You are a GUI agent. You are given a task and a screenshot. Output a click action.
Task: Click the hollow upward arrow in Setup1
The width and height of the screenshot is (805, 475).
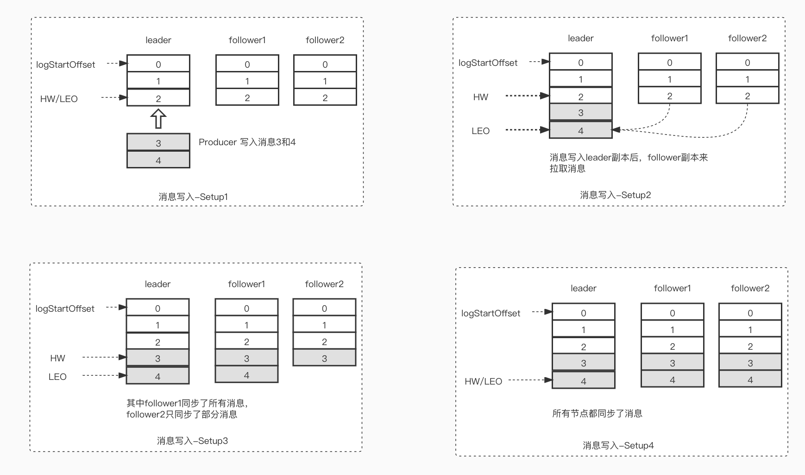click(x=158, y=119)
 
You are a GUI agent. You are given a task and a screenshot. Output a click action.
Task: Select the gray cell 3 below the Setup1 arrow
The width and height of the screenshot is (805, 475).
click(x=158, y=142)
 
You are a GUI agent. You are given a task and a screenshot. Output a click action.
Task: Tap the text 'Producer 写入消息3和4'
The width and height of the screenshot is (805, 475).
click(x=247, y=142)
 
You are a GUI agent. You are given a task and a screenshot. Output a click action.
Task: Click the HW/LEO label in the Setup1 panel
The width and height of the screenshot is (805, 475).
click(x=59, y=99)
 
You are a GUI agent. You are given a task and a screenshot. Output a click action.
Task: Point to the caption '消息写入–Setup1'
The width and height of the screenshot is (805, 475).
click(x=193, y=197)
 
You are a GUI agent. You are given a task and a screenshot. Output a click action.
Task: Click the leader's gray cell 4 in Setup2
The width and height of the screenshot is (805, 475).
click(x=580, y=130)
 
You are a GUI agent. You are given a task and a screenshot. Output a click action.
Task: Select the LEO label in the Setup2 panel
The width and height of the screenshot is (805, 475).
click(x=480, y=131)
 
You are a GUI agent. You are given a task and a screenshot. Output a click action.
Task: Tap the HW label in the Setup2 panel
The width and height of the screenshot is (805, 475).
click(x=480, y=97)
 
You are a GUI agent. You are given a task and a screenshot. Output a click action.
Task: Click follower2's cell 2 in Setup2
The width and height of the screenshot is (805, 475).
click(x=747, y=96)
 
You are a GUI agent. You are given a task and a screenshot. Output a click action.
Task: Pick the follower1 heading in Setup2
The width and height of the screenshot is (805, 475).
click(x=669, y=38)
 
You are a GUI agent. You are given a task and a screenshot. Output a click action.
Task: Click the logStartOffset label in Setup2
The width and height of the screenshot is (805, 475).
click(x=488, y=63)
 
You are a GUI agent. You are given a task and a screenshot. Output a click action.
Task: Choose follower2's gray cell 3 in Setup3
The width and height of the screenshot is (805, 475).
click(x=324, y=358)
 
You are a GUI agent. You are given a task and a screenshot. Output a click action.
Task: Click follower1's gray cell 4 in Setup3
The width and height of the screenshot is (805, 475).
click(x=246, y=375)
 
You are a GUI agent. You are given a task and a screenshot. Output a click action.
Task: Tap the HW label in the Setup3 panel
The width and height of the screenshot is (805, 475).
click(x=57, y=358)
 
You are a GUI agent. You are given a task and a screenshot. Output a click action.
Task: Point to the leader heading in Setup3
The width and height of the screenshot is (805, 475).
click(x=157, y=284)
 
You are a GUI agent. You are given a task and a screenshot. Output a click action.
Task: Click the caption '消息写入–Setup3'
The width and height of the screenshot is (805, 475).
click(x=192, y=441)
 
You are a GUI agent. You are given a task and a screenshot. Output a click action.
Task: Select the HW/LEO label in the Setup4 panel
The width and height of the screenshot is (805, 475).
click(x=483, y=381)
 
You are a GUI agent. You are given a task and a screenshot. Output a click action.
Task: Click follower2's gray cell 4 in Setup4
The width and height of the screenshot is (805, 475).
click(x=750, y=379)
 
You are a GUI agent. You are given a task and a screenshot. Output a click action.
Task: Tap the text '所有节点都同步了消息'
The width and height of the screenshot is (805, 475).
click(x=597, y=413)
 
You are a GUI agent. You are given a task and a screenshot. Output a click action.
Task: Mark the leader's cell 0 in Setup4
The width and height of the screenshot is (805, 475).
click(x=583, y=313)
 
